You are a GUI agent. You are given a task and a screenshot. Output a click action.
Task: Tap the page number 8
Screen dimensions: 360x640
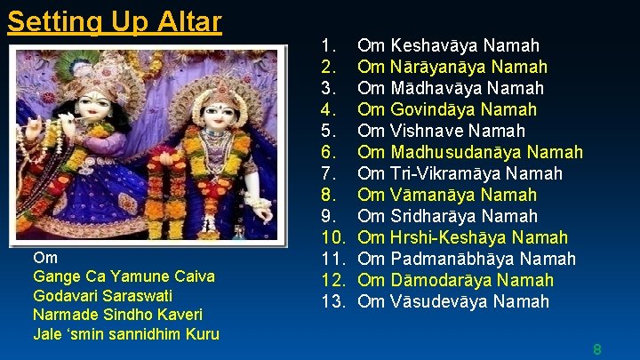pyautogui.click(x=597, y=349)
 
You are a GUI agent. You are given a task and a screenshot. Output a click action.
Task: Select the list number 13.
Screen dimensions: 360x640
pyautogui.click(x=332, y=301)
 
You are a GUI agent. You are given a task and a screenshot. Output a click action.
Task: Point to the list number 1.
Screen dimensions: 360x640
pyautogui.click(x=328, y=45)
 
